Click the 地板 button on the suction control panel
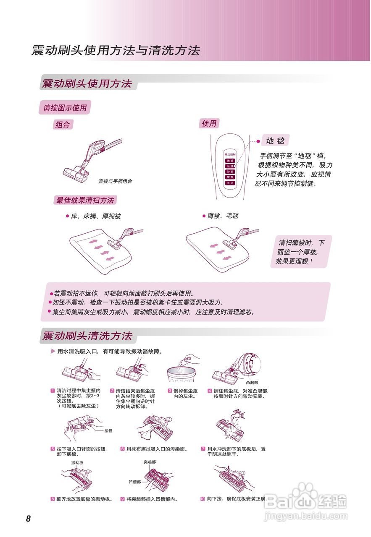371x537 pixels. click(x=230, y=160)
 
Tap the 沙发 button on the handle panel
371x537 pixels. click(x=230, y=172)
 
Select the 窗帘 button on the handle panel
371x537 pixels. click(x=230, y=177)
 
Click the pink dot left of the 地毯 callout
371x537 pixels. click(x=258, y=141)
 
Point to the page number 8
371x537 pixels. click(x=28, y=519)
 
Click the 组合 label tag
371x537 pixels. click(x=63, y=125)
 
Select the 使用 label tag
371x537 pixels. click(x=209, y=123)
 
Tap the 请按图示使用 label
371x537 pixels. click(x=65, y=108)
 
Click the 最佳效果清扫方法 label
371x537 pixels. click(x=85, y=201)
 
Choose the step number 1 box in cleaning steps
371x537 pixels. click(x=53, y=391)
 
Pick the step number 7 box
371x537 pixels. click(x=203, y=449)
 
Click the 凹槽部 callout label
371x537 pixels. click(x=134, y=482)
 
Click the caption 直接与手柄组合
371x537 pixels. click(x=115, y=181)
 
